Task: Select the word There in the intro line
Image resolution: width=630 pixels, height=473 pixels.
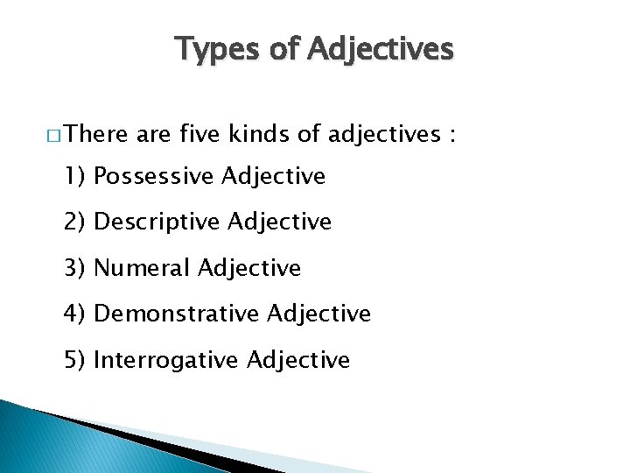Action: pos(94,134)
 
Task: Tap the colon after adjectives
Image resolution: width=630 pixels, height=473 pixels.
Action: pos(451,136)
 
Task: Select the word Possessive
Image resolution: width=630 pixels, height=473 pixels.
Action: pos(153,177)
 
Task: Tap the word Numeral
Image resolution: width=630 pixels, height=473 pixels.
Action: pos(142,268)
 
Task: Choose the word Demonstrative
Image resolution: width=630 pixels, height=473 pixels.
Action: pos(176,314)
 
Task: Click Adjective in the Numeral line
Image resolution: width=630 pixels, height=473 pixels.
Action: pos(249,268)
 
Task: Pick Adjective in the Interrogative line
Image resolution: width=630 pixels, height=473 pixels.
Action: pos(298,360)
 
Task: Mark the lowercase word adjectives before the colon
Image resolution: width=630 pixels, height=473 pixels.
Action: pos(384,135)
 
